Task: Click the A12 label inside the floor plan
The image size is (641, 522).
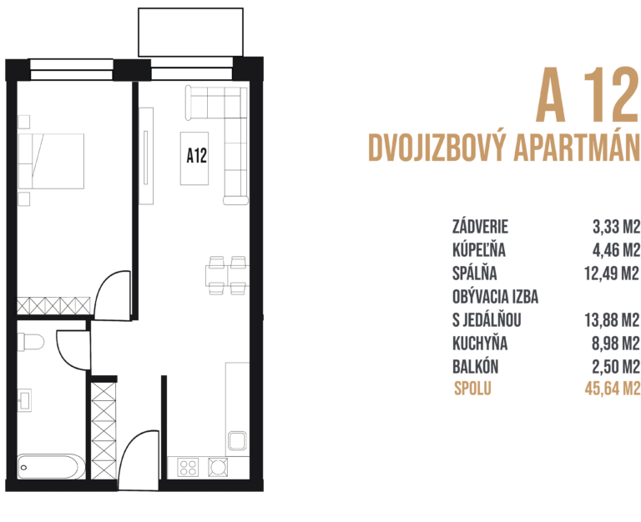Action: [197, 155]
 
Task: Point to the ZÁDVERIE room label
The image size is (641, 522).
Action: [480, 226]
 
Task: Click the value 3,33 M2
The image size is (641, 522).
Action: [616, 226]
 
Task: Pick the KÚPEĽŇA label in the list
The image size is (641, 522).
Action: [479, 249]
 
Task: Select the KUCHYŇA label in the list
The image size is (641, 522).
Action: [480, 343]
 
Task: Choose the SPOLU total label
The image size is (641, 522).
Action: [473, 389]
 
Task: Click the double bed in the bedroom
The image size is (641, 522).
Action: [52, 161]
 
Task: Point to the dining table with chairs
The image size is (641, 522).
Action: [225, 276]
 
